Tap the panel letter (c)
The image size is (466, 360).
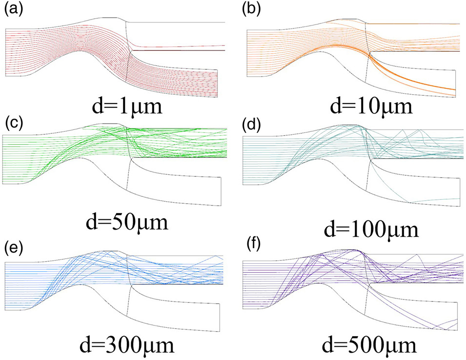(10, 122)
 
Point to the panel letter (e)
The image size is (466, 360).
(11, 245)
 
